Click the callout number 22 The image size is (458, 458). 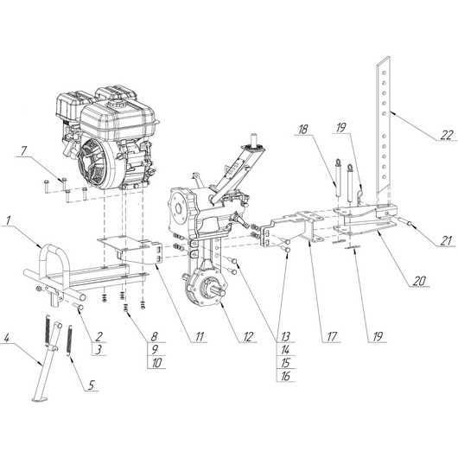[447, 135]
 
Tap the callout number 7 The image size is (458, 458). [23, 151]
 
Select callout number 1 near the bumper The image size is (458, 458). [9, 220]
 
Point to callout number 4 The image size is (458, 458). [7, 338]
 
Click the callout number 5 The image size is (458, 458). [91, 385]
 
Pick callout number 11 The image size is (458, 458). [199, 336]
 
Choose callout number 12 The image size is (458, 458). [248, 336]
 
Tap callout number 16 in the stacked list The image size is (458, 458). [285, 376]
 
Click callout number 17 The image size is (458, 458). [332, 336]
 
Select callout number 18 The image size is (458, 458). [302, 130]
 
